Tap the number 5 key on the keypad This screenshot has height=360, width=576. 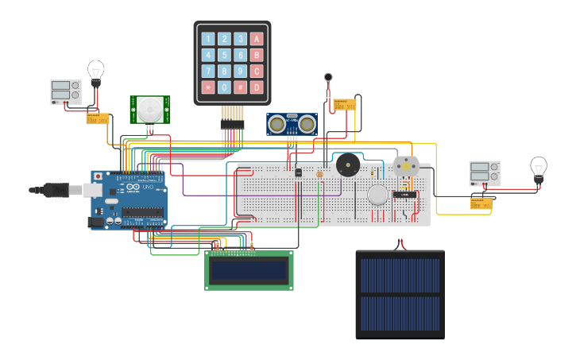[224, 55]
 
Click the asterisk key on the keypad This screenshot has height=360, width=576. [208, 87]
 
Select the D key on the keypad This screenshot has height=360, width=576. [256, 87]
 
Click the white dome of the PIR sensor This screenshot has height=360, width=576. [149, 109]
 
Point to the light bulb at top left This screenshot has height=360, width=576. [96, 71]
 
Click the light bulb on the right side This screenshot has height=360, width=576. [539, 167]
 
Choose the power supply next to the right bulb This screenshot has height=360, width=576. [484, 173]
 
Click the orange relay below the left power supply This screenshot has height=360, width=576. [97, 118]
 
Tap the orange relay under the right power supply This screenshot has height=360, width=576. [481, 203]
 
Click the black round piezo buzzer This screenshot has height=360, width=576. [347, 165]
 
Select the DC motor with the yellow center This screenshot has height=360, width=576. [406, 166]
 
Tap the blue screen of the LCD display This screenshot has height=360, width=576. [249, 270]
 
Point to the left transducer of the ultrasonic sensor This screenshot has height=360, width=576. [277, 124]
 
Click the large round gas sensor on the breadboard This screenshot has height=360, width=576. [378, 195]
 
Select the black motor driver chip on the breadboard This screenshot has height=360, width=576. [404, 194]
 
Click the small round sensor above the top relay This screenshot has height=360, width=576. [328, 77]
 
